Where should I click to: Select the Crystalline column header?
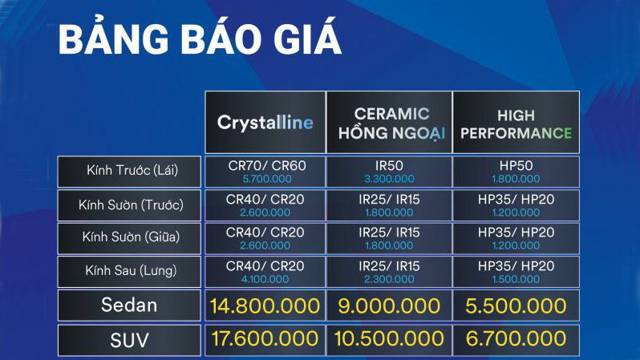coord(265,123)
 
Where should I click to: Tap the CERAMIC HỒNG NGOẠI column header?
coord(392,123)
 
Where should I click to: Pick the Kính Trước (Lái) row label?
coord(129,171)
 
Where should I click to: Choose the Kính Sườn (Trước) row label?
coord(129,204)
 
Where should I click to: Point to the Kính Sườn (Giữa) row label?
coord(129,237)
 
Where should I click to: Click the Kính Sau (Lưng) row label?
coord(129,271)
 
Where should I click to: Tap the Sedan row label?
coord(129,305)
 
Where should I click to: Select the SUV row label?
coord(129,339)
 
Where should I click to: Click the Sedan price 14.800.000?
coord(265,305)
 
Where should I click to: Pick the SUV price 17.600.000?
coord(265,339)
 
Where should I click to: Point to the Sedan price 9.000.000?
coord(389,305)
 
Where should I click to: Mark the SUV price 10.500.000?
coord(389,339)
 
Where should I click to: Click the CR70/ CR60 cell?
coord(265,165)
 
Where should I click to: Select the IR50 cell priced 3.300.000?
coord(389,171)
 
